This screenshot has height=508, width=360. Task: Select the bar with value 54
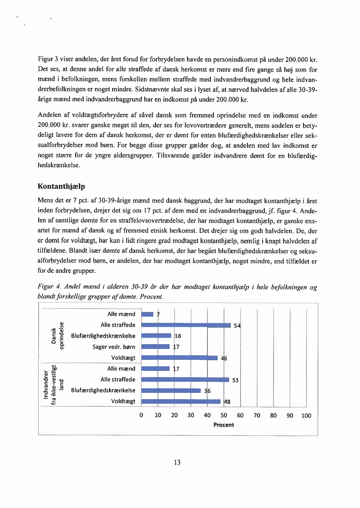[x=186, y=325]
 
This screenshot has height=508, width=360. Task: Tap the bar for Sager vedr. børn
[x=156, y=346]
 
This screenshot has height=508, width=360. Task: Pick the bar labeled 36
[x=171, y=390]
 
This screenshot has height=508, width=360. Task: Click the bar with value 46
[x=180, y=358]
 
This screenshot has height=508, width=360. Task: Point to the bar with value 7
[x=148, y=314]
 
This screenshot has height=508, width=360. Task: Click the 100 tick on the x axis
[x=306, y=415]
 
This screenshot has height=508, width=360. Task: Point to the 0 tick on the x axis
[x=142, y=415]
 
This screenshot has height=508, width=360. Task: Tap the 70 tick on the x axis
[x=257, y=415]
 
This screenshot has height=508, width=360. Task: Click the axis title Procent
[x=224, y=425]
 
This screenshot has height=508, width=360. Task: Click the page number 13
[x=177, y=462]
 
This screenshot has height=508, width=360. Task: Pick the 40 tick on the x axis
[x=207, y=415]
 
